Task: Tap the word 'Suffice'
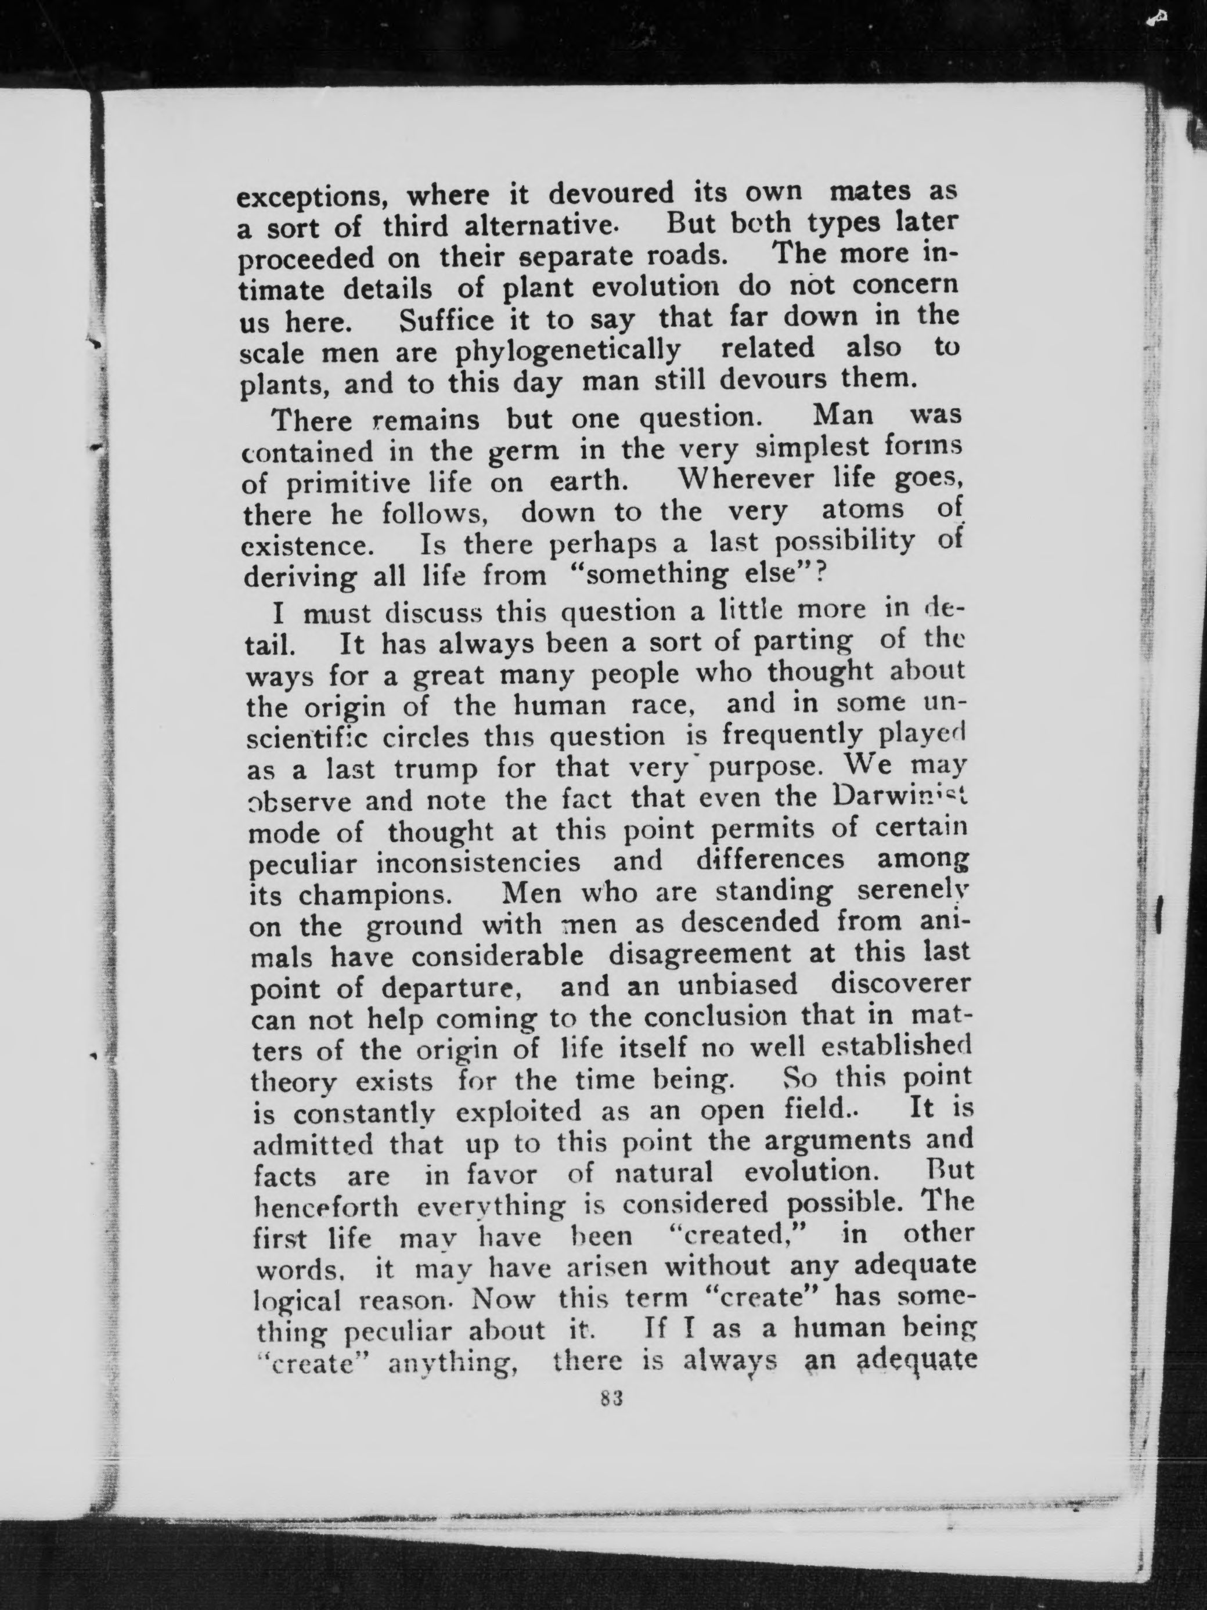[446, 320]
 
